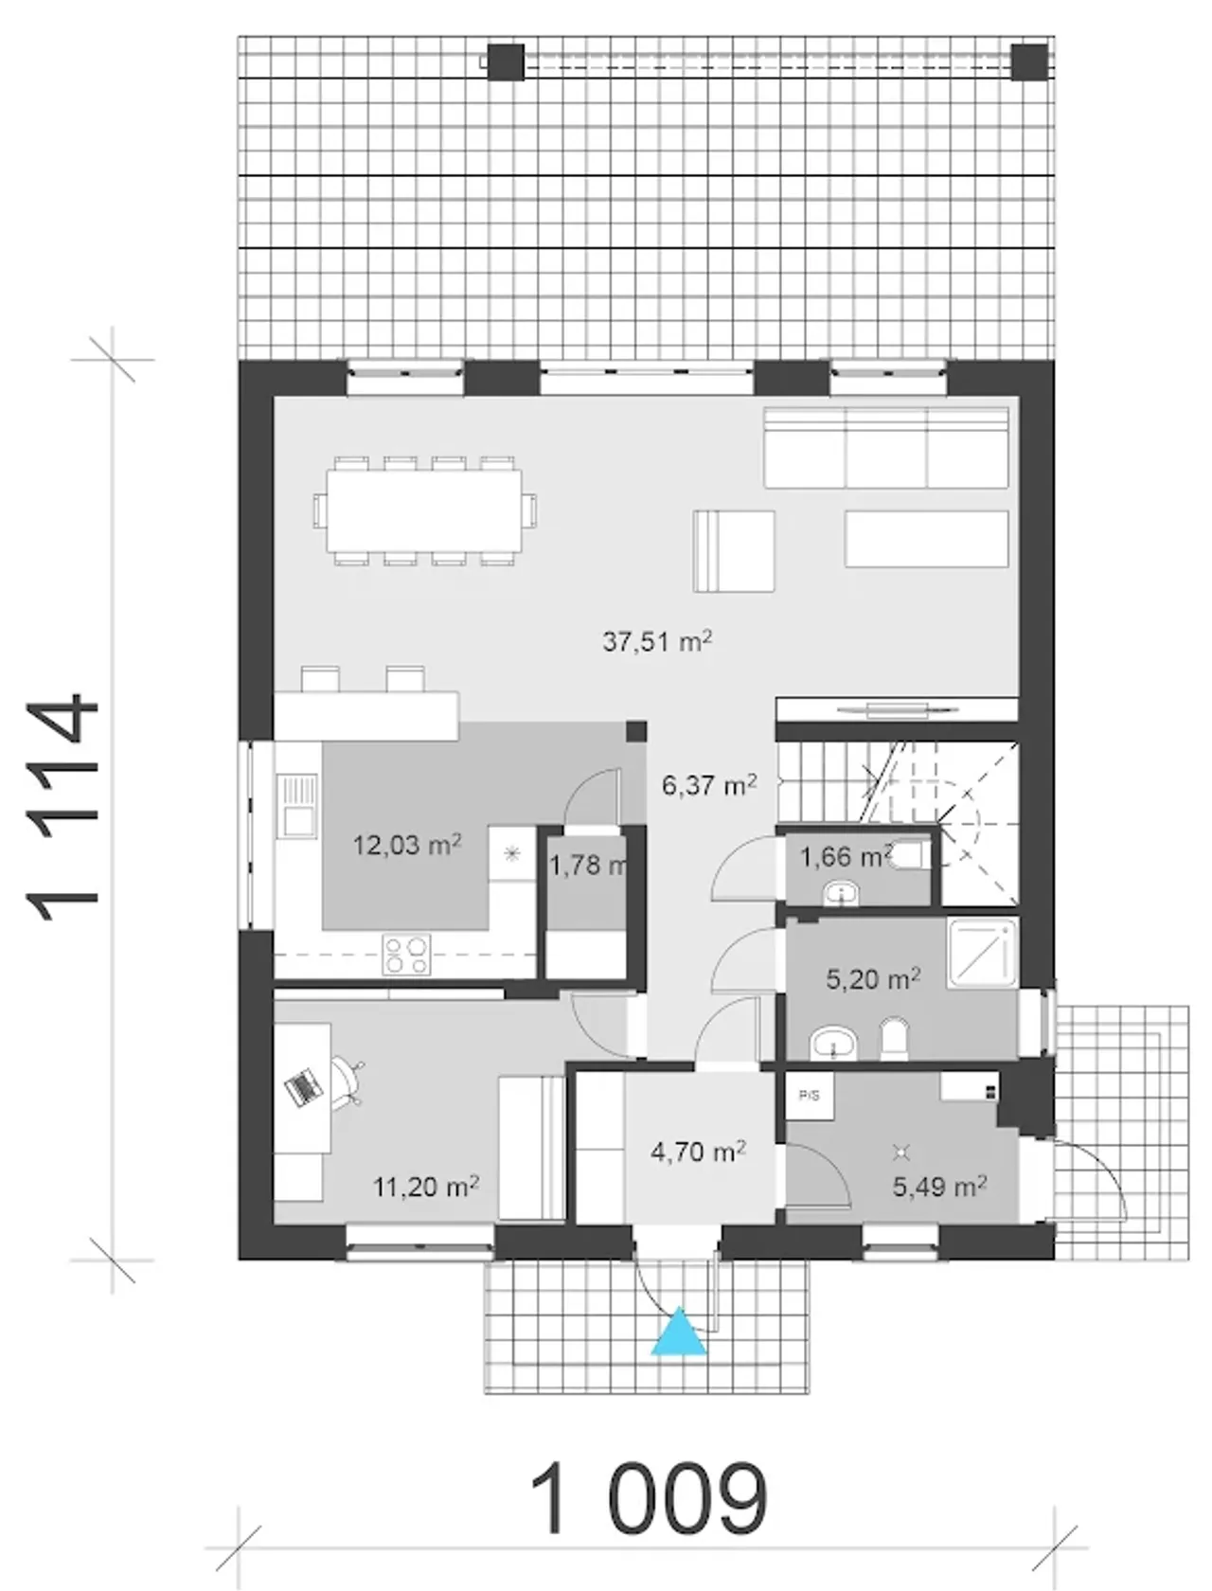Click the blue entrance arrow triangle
pos(678,1331)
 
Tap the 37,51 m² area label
pos(657,641)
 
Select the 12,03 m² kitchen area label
pos(407,845)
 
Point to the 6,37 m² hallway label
pos(710,785)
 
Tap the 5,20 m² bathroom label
pos(874,979)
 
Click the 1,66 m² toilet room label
pos(845,857)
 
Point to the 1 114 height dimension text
pos(62,808)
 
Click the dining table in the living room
pos(424,510)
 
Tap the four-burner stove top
pos(406,955)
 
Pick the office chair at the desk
pos(348,1082)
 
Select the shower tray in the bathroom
pos(982,953)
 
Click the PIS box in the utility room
pos(810,1096)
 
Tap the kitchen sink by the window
pos(297,806)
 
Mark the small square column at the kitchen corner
pos(636,731)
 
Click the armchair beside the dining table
pos(733,551)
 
